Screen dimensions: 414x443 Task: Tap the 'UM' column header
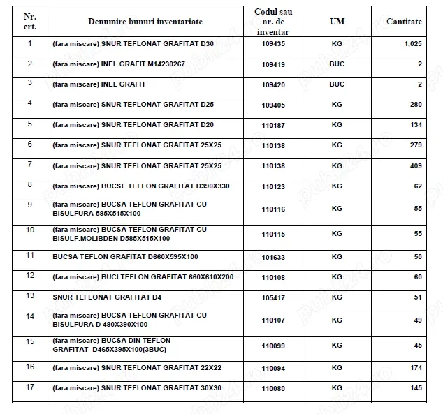(x=337, y=22)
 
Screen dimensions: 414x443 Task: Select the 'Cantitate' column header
(x=404, y=22)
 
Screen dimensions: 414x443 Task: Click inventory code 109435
(x=273, y=44)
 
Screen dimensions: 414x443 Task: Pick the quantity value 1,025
(x=413, y=44)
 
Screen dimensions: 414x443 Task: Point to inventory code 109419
(x=273, y=64)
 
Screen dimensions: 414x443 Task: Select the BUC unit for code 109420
(x=337, y=84)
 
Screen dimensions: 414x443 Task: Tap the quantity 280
(x=416, y=105)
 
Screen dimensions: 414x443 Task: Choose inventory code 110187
(x=273, y=125)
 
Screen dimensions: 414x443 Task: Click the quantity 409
(x=416, y=166)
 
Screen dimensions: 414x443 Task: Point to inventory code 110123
(x=273, y=186)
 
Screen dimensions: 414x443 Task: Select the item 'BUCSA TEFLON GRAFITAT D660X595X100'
(x=125, y=256)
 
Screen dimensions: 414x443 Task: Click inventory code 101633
(x=273, y=256)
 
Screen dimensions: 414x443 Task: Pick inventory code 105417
(x=273, y=297)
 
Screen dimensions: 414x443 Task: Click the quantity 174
(x=416, y=367)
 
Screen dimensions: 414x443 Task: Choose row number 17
(x=29, y=387)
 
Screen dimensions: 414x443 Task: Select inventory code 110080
(x=273, y=388)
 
